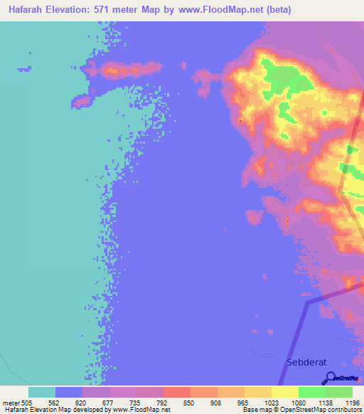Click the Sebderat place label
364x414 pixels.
coord(306,362)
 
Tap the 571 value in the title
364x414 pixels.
coord(107,10)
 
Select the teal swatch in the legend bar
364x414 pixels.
coord(42,392)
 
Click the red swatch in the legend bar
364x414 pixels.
coord(177,392)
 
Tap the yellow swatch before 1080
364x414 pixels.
coord(285,392)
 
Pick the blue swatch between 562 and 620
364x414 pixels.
coord(69,392)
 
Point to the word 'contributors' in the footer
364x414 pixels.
coord(343,410)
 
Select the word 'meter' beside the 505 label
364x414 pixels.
coord(11,402)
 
